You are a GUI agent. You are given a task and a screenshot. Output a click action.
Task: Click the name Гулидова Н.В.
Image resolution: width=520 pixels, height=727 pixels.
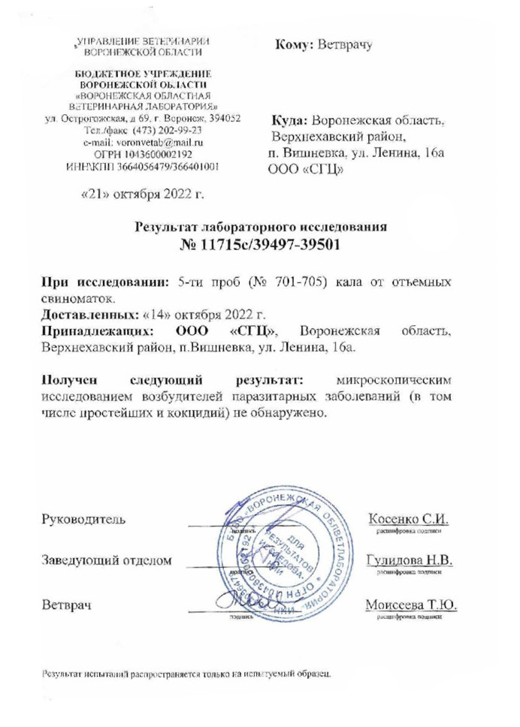[409, 560]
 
